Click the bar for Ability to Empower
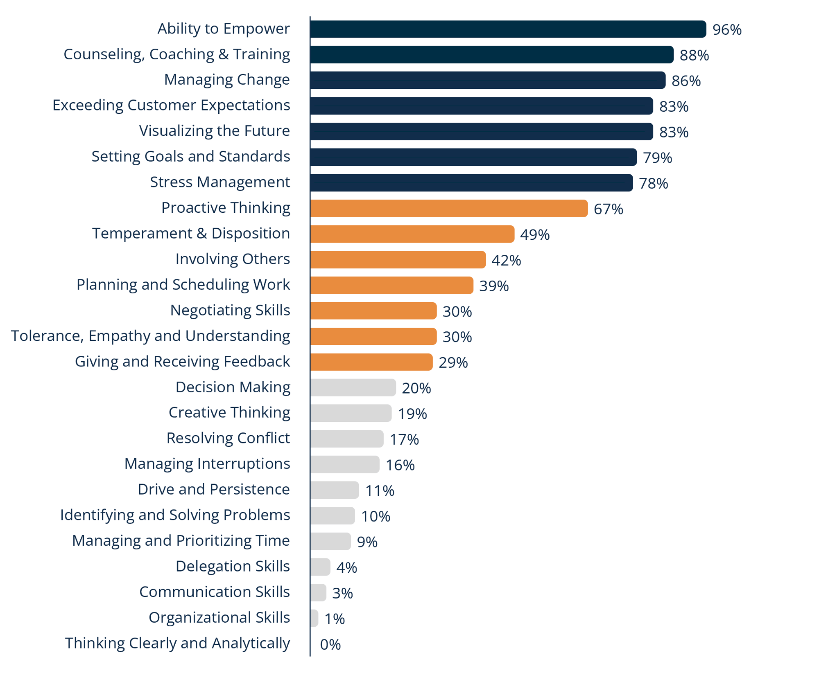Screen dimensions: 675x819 tap(508, 29)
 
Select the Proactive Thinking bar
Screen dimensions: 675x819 tap(449, 209)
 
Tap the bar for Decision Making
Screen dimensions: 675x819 tap(353, 388)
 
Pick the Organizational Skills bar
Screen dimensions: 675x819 tap(314, 618)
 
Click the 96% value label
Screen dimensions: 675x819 tap(727, 30)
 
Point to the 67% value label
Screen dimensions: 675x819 tap(608, 209)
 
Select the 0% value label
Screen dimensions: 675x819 tap(330, 645)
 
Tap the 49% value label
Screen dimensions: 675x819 tap(535, 235)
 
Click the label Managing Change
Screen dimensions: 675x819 tap(227, 79)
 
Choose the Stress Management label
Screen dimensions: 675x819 tap(220, 182)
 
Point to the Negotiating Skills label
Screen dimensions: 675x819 tap(230, 310)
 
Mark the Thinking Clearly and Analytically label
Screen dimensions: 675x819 tap(177, 643)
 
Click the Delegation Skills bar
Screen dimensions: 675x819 tap(320, 567)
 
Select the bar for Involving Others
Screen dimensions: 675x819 tap(398, 260)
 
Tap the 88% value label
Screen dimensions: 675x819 tap(694, 55)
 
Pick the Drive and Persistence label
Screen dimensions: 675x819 tap(214, 489)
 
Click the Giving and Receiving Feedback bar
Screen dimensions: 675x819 tap(371, 362)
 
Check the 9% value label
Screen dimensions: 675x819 tap(367, 542)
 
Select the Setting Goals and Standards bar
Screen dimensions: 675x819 tap(473, 157)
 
